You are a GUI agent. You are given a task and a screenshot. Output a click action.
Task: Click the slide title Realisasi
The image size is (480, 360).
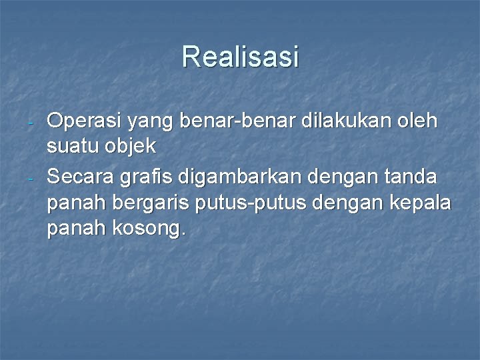(x=240, y=57)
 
